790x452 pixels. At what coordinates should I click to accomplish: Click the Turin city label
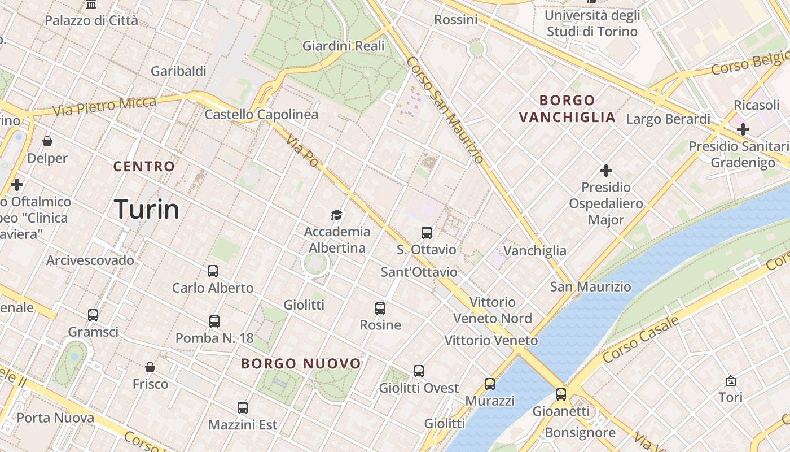point(147,209)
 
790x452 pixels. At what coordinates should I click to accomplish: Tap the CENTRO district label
point(144,167)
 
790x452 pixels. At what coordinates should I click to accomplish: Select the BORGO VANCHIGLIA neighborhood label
point(567,109)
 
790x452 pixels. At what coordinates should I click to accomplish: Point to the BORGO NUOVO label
point(301,363)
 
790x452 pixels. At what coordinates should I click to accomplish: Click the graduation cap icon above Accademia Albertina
point(336,215)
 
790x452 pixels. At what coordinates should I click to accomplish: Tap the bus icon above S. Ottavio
point(426,232)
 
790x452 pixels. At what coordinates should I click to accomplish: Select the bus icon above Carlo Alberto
point(212,271)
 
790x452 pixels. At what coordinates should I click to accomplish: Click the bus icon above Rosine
point(380,308)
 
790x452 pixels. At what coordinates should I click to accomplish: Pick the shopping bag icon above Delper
point(47,141)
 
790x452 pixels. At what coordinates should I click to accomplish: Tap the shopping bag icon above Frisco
point(150,367)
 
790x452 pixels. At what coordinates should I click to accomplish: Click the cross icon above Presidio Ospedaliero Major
point(606,170)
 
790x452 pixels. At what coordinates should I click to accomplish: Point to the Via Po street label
point(302,150)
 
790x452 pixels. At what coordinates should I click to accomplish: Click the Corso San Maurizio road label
point(445,110)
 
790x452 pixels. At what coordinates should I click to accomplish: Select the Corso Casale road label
point(640,340)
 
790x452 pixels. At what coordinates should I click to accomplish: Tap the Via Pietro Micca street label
point(104,106)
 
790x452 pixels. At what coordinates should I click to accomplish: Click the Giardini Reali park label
point(343,46)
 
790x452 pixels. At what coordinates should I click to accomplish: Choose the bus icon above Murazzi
point(489,384)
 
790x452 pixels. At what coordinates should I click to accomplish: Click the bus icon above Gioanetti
point(560,394)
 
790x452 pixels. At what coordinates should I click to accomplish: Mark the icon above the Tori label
point(731,381)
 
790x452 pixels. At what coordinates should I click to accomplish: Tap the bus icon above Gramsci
point(93,315)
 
